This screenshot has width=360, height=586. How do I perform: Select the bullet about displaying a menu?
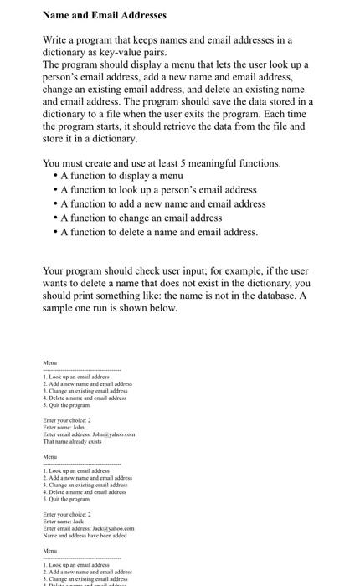pos(121,177)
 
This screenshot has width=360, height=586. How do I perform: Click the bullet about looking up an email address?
pos(158,190)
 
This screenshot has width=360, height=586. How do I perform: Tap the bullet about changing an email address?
pos(141,218)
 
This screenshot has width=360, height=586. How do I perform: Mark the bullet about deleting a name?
pos(160,232)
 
